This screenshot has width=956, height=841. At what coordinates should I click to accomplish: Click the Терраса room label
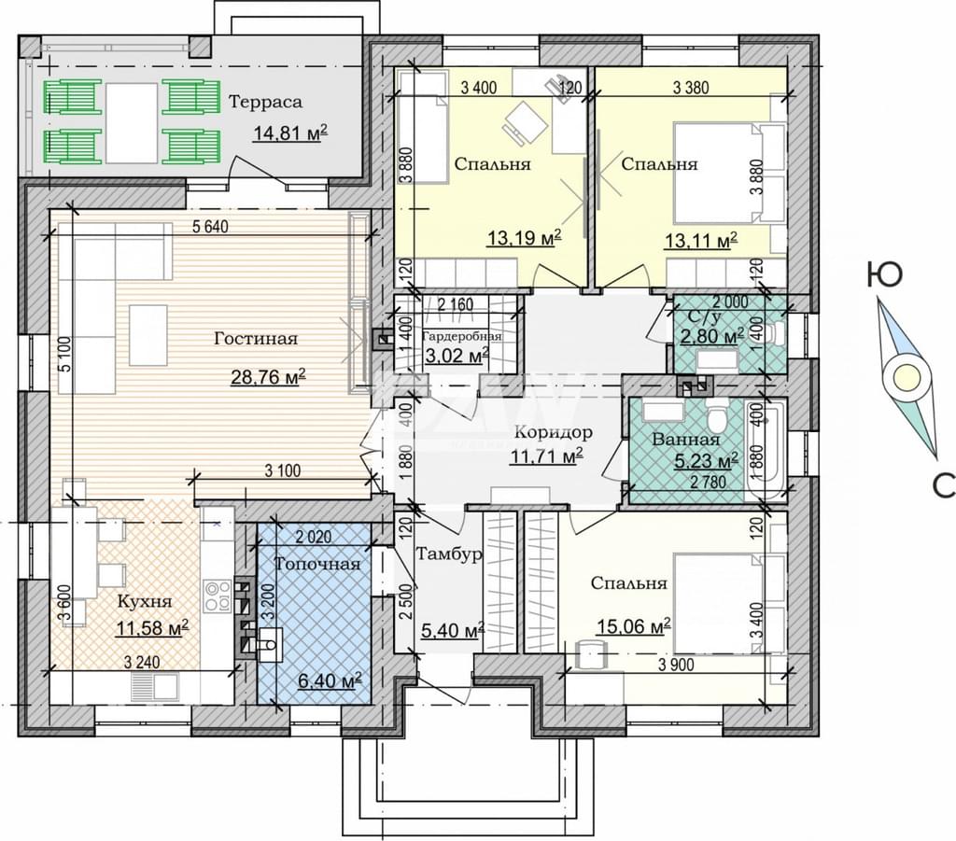coord(265,102)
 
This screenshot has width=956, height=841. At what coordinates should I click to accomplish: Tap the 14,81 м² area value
coord(290,133)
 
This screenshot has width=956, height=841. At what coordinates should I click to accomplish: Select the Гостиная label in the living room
coord(256,338)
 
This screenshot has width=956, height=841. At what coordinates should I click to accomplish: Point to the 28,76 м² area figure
coord(268,377)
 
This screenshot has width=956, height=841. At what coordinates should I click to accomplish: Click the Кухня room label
coord(145,601)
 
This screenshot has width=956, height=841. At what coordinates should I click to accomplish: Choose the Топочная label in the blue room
coord(317,565)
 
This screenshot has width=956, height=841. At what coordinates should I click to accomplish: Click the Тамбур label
coord(449,554)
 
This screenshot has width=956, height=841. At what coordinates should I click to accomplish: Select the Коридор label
coord(553,433)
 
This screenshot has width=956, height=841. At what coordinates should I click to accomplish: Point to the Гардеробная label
coord(462,336)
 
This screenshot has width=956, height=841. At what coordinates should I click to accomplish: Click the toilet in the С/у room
coord(775,334)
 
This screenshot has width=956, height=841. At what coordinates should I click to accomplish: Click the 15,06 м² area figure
coord(634,626)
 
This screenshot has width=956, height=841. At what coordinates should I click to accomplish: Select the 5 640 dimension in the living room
coord(210,228)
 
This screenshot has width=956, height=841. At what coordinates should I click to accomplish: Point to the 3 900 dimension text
coord(676,665)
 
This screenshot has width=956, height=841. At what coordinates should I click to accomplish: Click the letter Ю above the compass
coord(884,275)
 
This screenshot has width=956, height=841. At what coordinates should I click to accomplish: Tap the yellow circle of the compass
coord(906,377)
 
